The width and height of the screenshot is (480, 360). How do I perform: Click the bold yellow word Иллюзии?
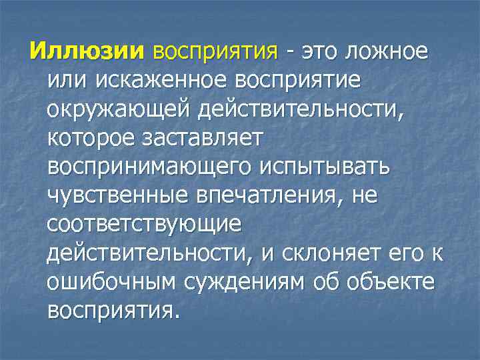pyautogui.click(x=87, y=50)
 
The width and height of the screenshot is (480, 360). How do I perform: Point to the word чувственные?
pyautogui.click(x=118, y=196)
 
